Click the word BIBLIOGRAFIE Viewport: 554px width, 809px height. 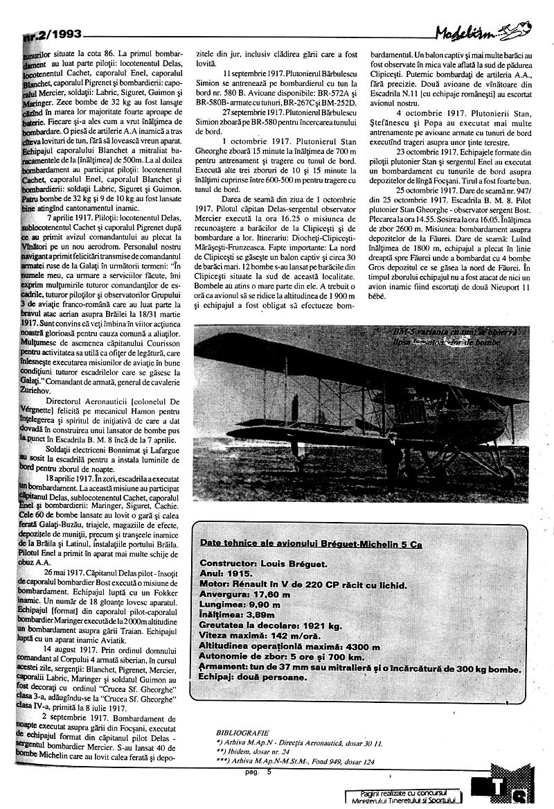tap(242, 732)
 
